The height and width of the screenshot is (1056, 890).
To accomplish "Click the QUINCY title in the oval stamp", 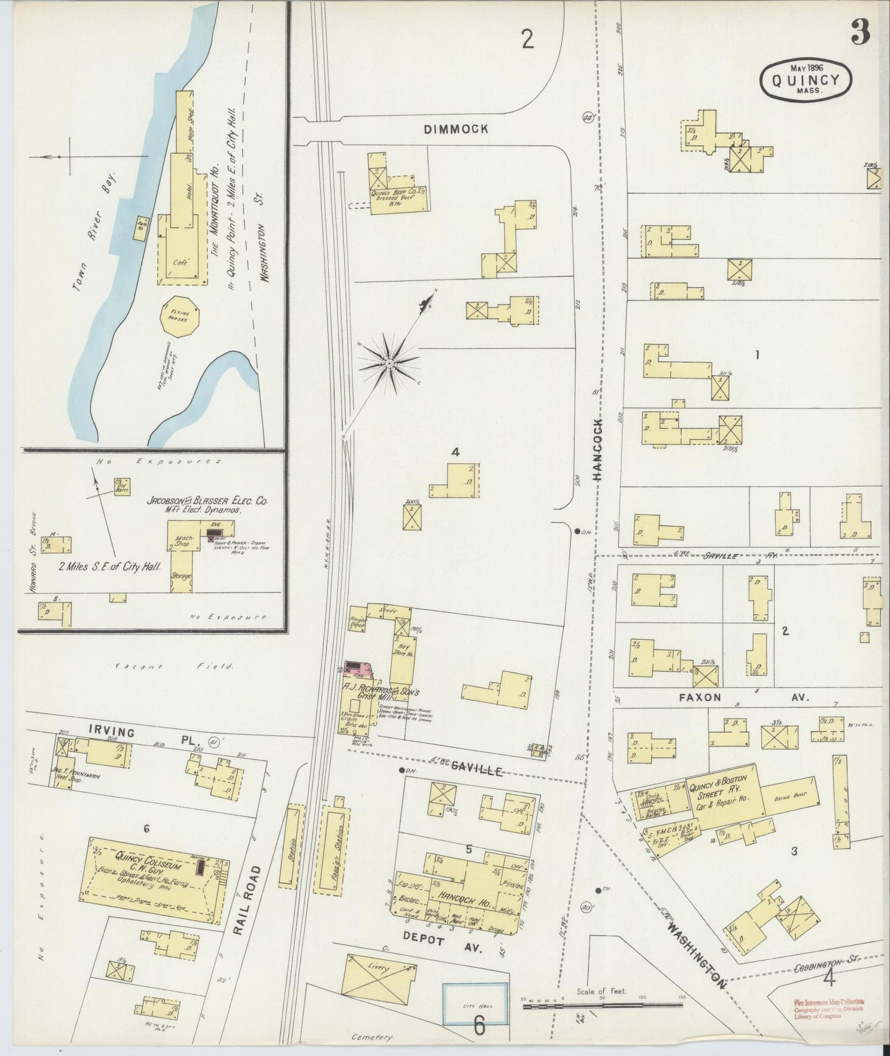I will [806, 80].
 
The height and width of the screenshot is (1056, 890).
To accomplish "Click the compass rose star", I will [389, 365].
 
